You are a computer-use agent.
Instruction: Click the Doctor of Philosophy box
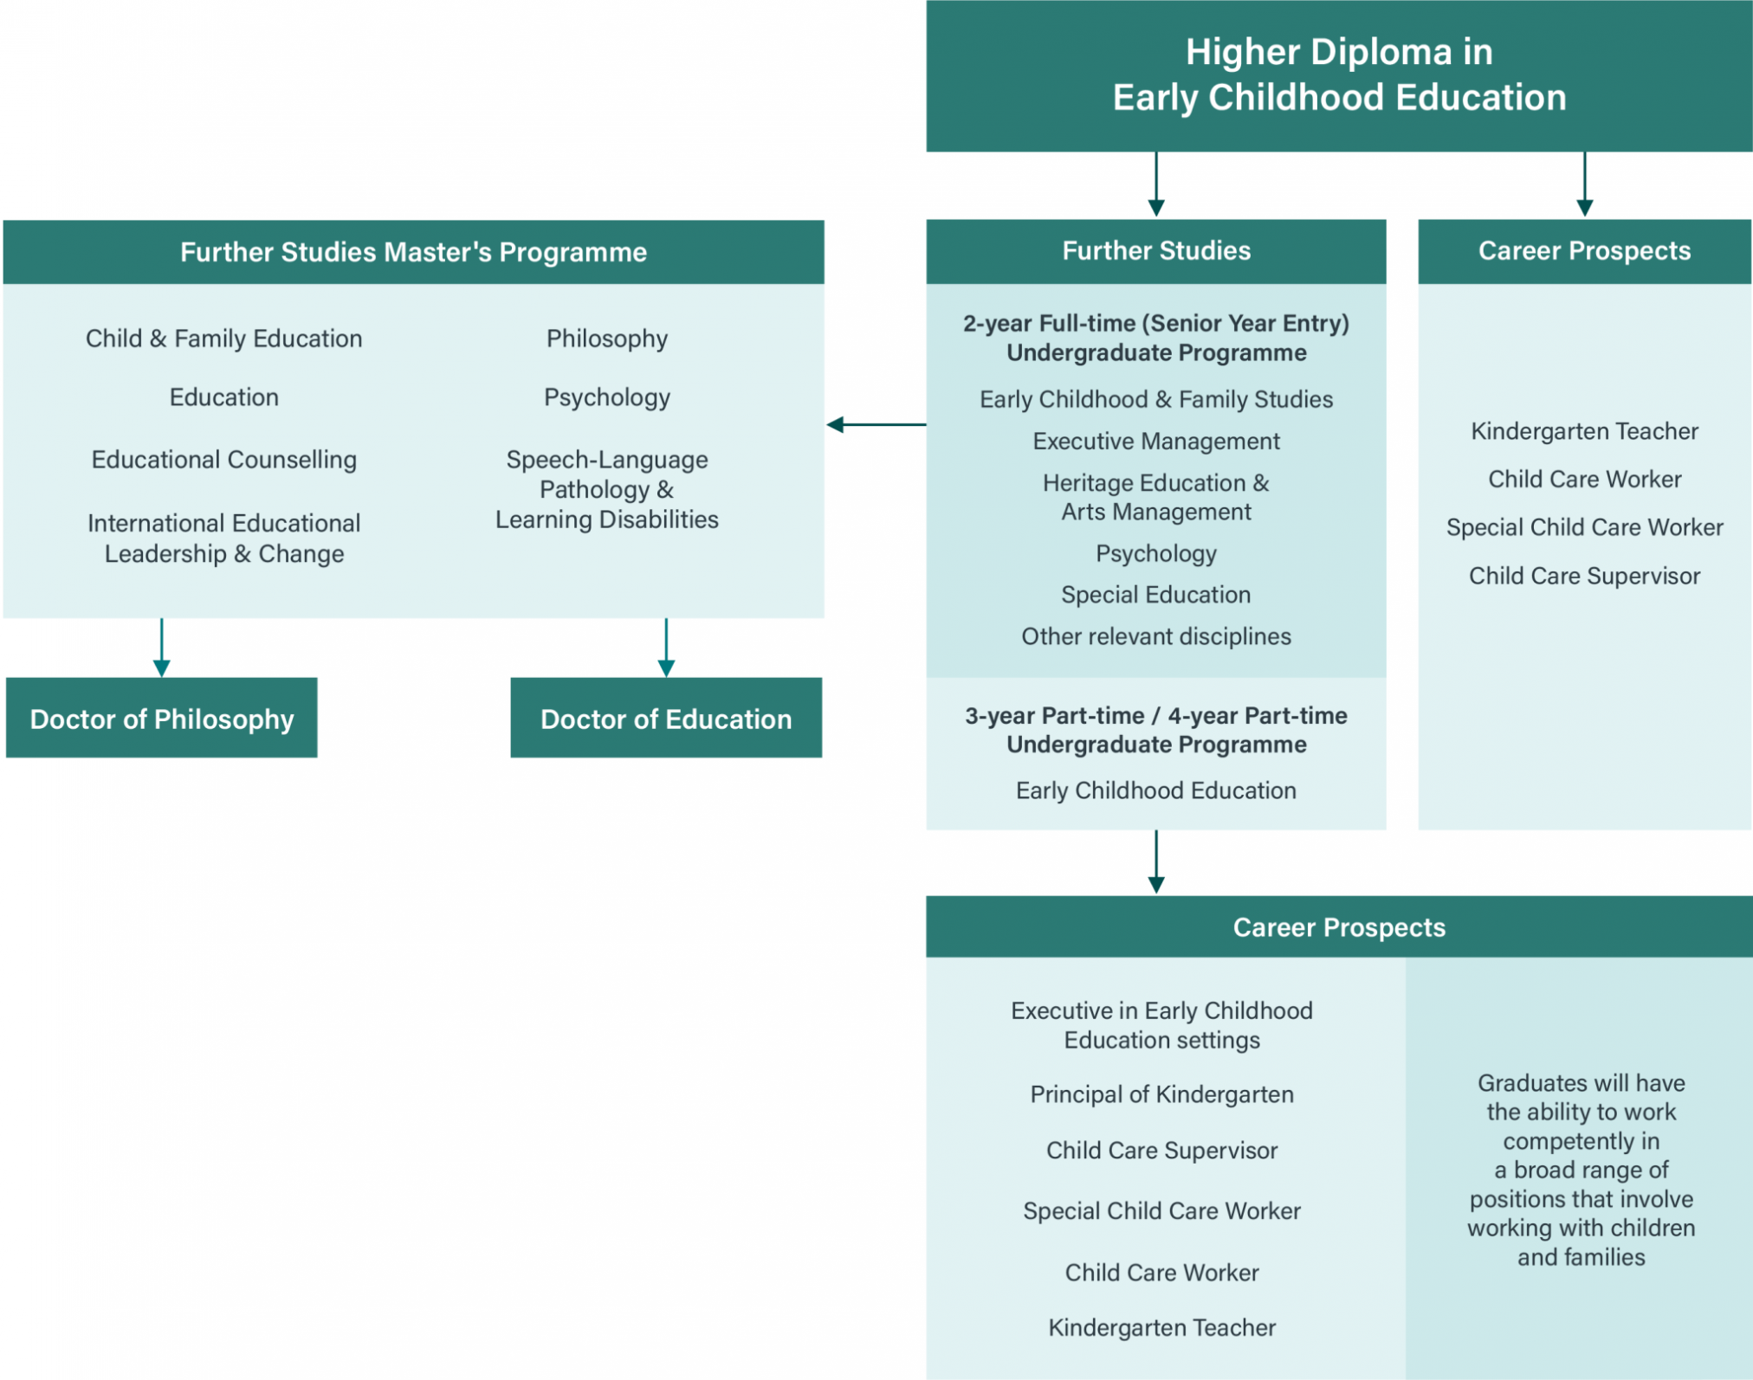(162, 719)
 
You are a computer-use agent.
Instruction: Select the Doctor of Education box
(666, 719)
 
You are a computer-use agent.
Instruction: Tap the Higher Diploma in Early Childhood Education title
(1339, 75)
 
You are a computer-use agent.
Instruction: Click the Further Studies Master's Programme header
(413, 252)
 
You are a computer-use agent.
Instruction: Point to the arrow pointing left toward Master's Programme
(875, 424)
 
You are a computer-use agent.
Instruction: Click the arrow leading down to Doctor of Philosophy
(162, 648)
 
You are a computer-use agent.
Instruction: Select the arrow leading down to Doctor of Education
(666, 648)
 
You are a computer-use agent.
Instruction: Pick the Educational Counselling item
(224, 460)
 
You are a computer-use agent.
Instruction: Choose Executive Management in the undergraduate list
(1156, 442)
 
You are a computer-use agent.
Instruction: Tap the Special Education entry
(1156, 595)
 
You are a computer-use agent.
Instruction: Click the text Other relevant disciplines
(1156, 636)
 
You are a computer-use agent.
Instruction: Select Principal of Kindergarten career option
(1161, 1094)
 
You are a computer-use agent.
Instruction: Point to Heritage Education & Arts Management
(1156, 497)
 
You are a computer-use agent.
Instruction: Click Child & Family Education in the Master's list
(224, 339)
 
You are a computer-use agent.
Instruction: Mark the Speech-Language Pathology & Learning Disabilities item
(607, 489)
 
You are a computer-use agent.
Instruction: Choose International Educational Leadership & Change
(224, 538)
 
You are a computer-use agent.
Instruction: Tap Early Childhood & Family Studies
(1156, 399)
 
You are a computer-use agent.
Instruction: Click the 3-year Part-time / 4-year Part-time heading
(1156, 730)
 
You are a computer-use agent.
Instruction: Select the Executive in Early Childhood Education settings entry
(1161, 1025)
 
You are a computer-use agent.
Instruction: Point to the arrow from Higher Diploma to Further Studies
(1156, 184)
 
